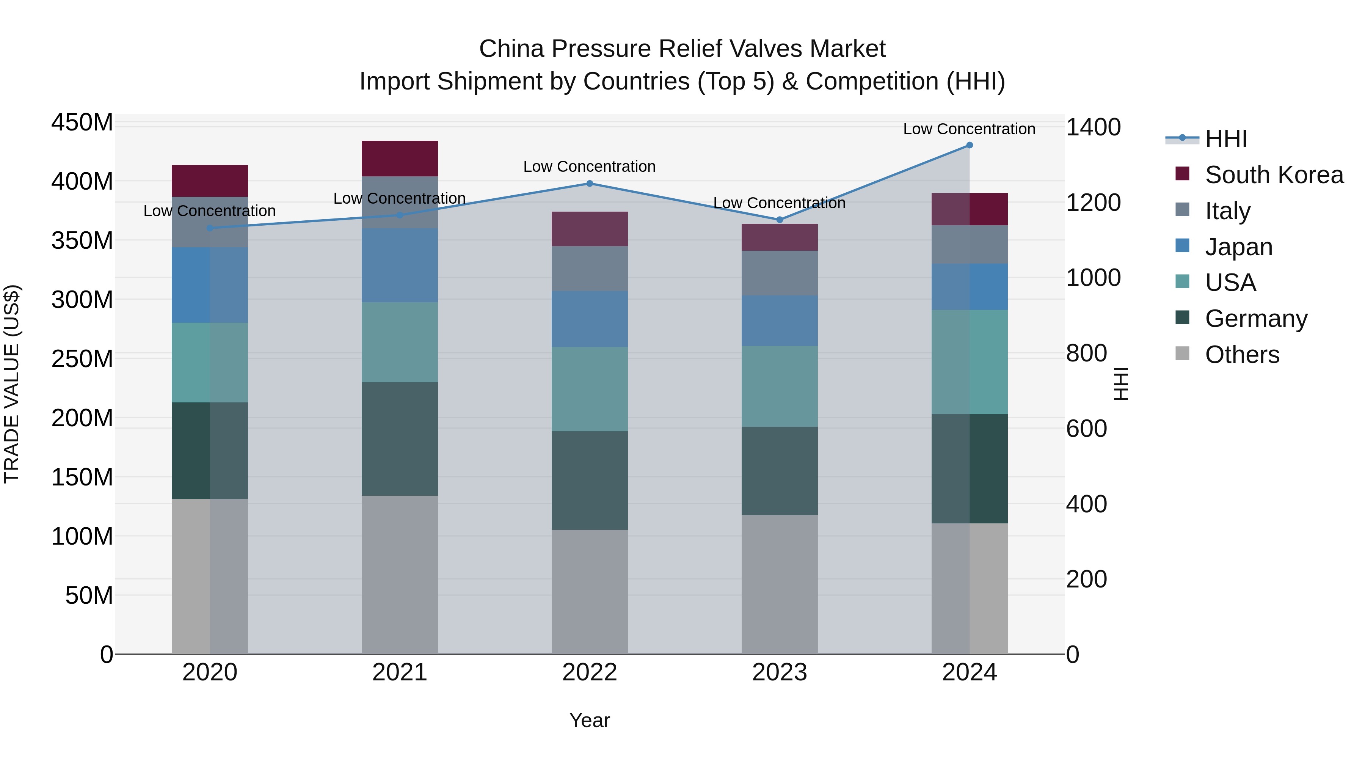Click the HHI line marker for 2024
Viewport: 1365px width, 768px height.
[x=969, y=145]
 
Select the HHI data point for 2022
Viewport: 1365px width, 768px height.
[x=589, y=184]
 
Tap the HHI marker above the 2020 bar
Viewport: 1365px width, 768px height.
[x=210, y=228]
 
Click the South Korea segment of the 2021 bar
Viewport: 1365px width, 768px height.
[x=400, y=159]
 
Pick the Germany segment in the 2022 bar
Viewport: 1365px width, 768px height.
[x=589, y=480]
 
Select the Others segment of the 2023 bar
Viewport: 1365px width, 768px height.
[x=779, y=584]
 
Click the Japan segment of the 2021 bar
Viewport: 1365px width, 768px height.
[x=400, y=265]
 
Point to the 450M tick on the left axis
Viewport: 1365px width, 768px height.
[x=82, y=123]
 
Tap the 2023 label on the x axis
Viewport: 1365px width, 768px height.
[x=779, y=672]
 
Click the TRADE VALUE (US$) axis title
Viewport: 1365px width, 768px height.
[x=12, y=384]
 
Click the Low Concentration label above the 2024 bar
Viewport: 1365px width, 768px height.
[x=969, y=129]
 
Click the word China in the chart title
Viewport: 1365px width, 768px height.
[x=512, y=49]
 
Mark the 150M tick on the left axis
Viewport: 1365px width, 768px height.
[x=82, y=477]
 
